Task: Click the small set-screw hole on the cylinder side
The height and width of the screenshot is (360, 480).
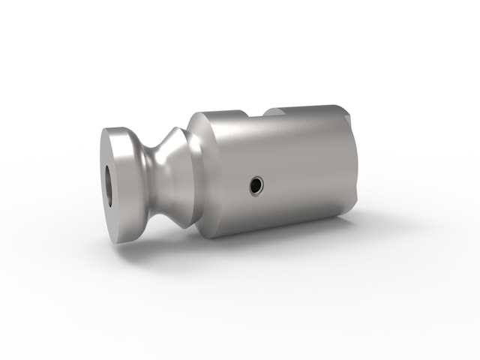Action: click(256, 184)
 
